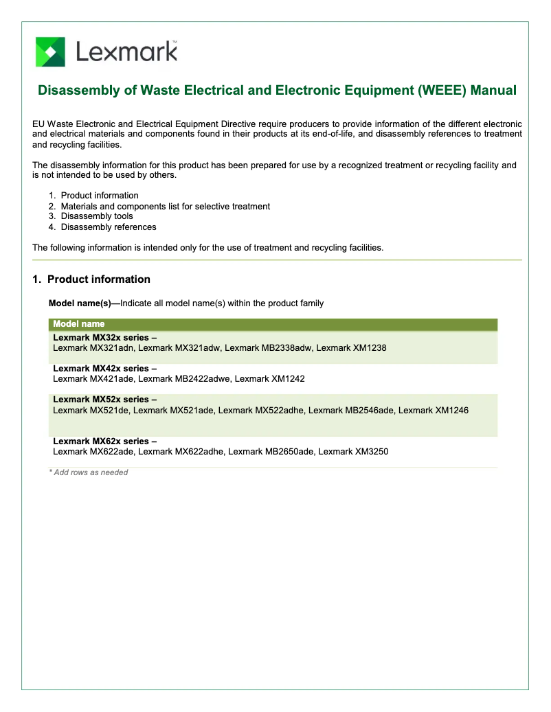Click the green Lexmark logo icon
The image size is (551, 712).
click(50, 52)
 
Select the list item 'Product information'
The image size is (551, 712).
click(100, 196)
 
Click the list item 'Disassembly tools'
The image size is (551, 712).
click(97, 216)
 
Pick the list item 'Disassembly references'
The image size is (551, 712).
click(109, 227)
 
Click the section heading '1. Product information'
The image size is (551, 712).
click(91, 279)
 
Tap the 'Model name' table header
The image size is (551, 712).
click(79, 324)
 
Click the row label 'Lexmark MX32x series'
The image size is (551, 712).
click(104, 338)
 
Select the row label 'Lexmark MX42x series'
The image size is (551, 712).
click(104, 369)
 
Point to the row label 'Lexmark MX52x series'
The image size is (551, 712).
click(104, 400)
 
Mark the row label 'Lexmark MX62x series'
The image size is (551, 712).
click(104, 441)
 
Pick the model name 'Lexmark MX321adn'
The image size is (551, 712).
click(93, 348)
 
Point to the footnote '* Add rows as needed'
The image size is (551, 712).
click(88, 472)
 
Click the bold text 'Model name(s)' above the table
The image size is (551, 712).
click(81, 303)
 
